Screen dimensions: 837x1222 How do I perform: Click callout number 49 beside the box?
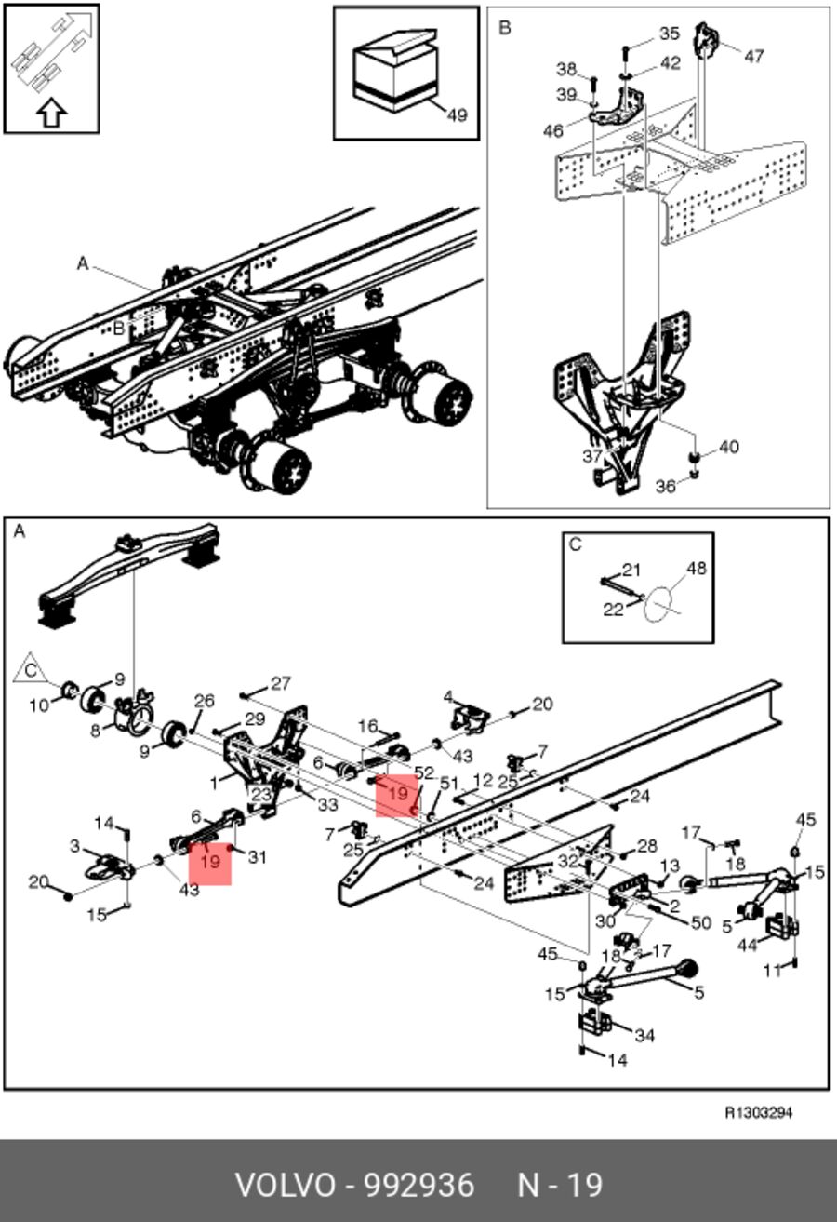tap(457, 115)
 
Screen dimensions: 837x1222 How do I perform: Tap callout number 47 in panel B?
tap(753, 56)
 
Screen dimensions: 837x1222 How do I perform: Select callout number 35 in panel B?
tap(670, 34)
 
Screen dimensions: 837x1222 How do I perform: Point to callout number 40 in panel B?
tap(729, 448)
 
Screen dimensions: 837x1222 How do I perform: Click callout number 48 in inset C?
tap(696, 569)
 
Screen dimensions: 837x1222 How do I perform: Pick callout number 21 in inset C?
tap(631, 571)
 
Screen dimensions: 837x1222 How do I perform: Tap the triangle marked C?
tap(30, 669)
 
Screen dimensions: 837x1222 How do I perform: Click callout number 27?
tap(280, 683)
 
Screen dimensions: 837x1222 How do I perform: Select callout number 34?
tap(644, 1035)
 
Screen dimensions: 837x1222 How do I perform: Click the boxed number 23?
tap(260, 794)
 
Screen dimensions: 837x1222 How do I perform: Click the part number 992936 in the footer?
tap(418, 1186)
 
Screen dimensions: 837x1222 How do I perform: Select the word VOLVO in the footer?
tap(286, 1186)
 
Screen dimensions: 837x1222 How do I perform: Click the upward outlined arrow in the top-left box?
tap(52, 113)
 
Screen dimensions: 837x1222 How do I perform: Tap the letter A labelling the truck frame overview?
tap(83, 264)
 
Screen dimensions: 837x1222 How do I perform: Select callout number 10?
tap(39, 705)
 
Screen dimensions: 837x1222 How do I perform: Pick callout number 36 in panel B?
tap(665, 486)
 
